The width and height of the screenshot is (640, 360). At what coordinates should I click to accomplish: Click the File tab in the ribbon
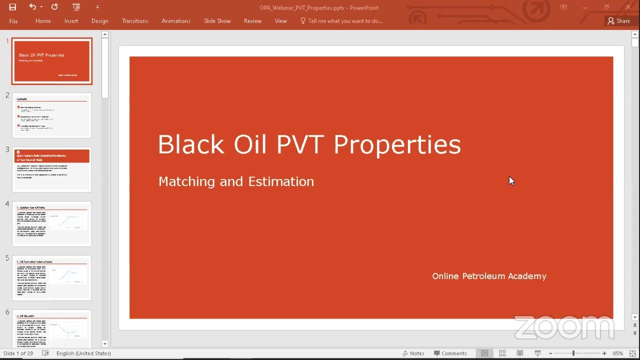[x=13, y=21]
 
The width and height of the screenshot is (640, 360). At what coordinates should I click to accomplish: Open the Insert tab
[x=71, y=21]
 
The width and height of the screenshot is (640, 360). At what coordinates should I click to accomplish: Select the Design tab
[x=99, y=21]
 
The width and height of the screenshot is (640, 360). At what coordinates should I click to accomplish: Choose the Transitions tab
[x=135, y=21]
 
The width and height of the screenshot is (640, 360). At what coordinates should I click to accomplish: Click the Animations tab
[x=175, y=21]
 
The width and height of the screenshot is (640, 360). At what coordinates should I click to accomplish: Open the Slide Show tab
[x=217, y=21]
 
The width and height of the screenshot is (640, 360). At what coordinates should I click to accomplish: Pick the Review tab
[x=252, y=21]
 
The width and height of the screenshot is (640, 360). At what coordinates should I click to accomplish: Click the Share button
[x=618, y=21]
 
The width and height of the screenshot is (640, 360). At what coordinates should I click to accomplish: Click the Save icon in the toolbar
[x=12, y=7]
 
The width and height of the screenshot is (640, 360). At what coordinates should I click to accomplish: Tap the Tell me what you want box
[x=344, y=21]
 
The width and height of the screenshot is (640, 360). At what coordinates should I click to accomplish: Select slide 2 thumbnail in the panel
[x=52, y=115]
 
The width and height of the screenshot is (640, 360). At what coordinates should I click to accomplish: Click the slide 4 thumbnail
[x=52, y=223]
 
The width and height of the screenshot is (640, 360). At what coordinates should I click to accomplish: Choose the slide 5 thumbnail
[x=52, y=278]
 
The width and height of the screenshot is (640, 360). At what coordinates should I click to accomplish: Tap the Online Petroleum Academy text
[x=489, y=276]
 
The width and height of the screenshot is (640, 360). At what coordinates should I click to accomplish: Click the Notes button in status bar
[x=413, y=353]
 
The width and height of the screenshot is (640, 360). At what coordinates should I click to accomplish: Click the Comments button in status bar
[x=450, y=353]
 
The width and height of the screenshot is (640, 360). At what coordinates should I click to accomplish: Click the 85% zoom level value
[x=618, y=353]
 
